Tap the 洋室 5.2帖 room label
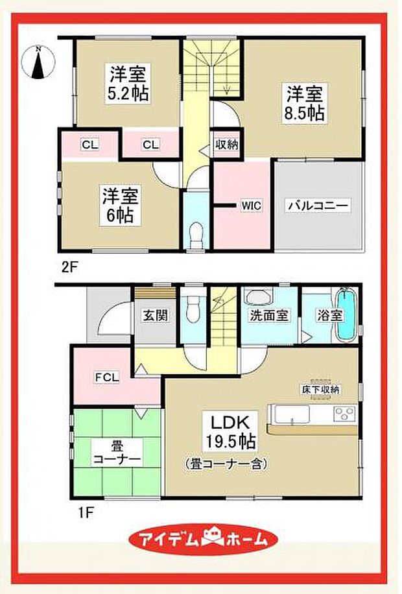click(127, 83)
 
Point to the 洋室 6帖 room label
click(117, 205)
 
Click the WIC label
click(251, 206)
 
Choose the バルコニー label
click(318, 206)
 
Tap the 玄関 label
click(154, 316)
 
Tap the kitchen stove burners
click(344, 413)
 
